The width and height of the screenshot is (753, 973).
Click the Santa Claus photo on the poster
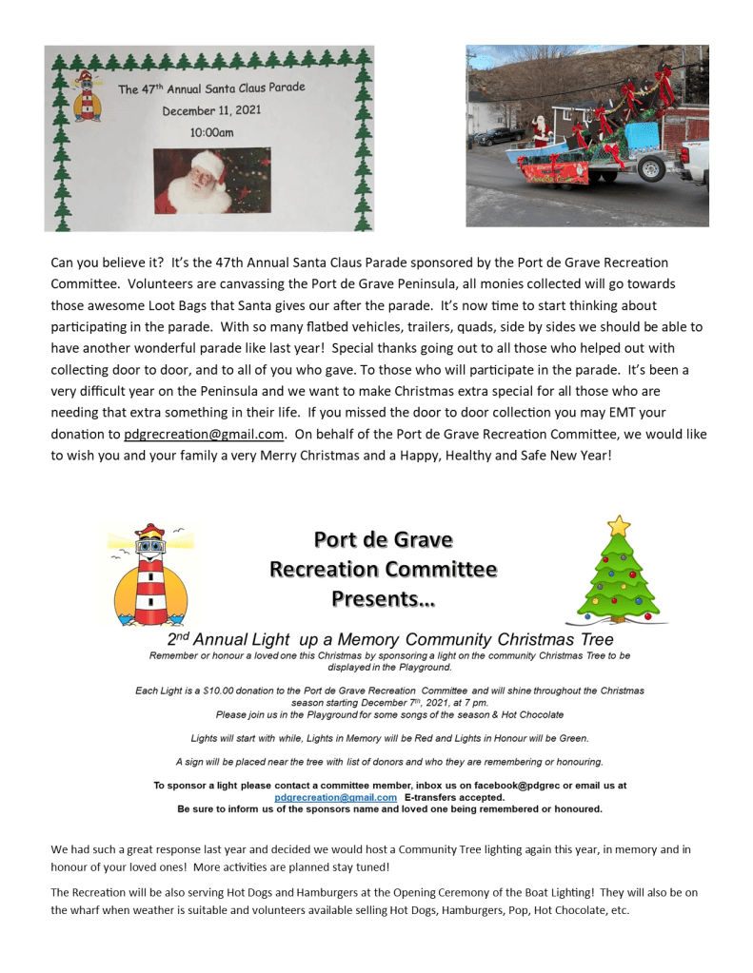pos(212,181)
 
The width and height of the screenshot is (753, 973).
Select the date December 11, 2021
pos(211,110)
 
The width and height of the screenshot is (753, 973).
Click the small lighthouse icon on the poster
pos(88,95)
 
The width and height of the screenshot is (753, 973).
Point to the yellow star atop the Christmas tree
pos(619,525)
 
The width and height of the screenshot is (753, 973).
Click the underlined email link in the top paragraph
pos(204,434)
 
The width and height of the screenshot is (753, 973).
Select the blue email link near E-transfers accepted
pos(335,797)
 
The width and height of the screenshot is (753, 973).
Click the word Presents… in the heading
pos(384,599)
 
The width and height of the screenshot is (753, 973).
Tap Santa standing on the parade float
pos(542,132)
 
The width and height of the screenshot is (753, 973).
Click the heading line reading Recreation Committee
pos(384,570)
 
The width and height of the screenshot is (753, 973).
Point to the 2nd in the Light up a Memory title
pos(179,638)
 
